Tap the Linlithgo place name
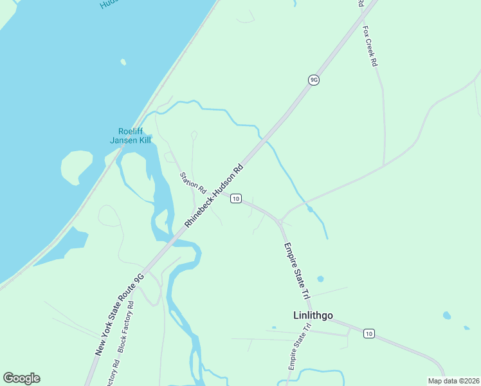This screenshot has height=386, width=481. click(309, 315)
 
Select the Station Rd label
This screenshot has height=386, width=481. click(192, 183)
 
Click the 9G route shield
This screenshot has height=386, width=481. click(314, 80)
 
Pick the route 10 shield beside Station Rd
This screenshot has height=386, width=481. click(236, 198)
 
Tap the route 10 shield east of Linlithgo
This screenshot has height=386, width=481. click(368, 333)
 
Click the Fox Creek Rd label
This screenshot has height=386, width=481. click(370, 46)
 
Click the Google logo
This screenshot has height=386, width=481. click(21, 378)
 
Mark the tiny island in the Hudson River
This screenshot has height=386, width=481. click(123, 62)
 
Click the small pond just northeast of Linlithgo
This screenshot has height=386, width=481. click(320, 279)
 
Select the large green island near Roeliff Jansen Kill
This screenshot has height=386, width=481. click(77, 167)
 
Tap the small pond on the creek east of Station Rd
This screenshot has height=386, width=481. click(310, 208)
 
